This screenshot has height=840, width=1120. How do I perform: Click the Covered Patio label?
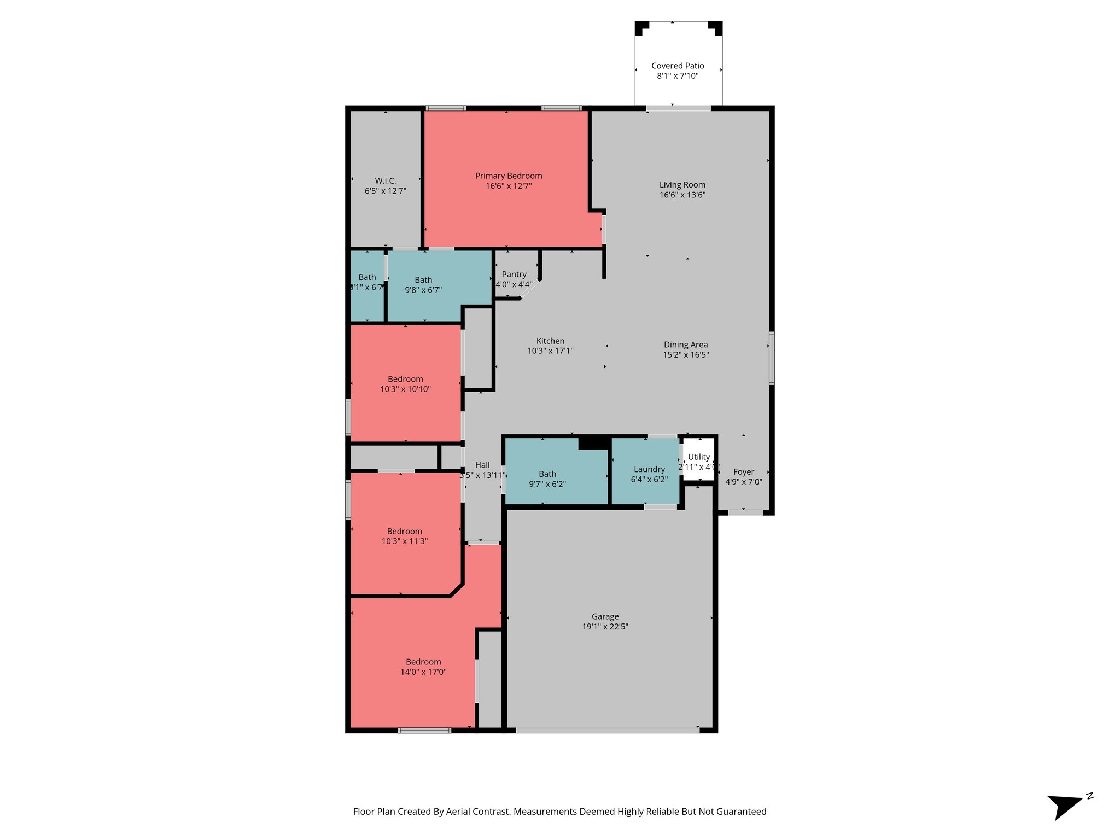coord(678,66)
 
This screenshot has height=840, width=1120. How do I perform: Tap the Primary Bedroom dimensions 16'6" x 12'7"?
coord(509,186)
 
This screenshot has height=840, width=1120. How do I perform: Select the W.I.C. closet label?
coord(385,180)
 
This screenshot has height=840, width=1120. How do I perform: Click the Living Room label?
coord(682,185)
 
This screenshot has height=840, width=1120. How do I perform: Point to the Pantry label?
coord(514,275)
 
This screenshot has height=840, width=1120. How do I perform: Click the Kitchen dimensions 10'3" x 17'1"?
coord(550,351)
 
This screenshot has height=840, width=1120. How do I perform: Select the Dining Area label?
coord(686,345)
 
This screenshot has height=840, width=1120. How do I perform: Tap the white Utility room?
coord(699,459)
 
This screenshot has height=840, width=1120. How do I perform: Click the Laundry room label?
coord(649,469)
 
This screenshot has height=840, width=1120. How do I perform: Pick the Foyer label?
coord(743,472)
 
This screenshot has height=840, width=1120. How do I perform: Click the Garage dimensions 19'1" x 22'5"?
coord(605,627)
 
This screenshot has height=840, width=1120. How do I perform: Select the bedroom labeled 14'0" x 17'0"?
coord(423,667)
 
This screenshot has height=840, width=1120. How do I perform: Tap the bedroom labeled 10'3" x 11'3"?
coord(404,536)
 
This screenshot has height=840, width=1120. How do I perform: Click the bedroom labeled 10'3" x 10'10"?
coord(405,384)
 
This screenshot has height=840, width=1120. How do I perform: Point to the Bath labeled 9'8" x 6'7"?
coord(423,285)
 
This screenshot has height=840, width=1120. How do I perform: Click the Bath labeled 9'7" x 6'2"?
coord(547,479)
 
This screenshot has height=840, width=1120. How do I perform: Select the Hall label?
coord(482,465)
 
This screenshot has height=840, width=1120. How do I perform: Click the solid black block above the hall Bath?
coord(594,442)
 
